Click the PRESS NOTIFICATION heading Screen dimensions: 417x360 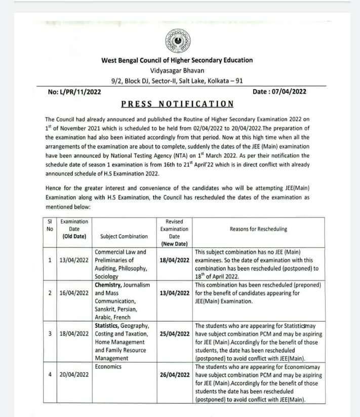pyautogui.click(x=177, y=104)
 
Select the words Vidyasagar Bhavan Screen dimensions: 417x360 pyautogui.click(x=177, y=70)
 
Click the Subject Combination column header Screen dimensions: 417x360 pyautogui.click(x=124, y=236)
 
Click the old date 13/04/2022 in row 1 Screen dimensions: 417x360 pyautogui.click(x=74, y=260)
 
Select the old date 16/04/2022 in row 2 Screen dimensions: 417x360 pyautogui.click(x=74, y=293)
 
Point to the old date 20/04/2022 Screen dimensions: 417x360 pyautogui.click(x=74, y=375)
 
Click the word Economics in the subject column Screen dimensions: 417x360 pyautogui.click(x=108, y=366)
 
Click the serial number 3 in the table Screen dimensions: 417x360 pyautogui.click(x=50, y=334)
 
